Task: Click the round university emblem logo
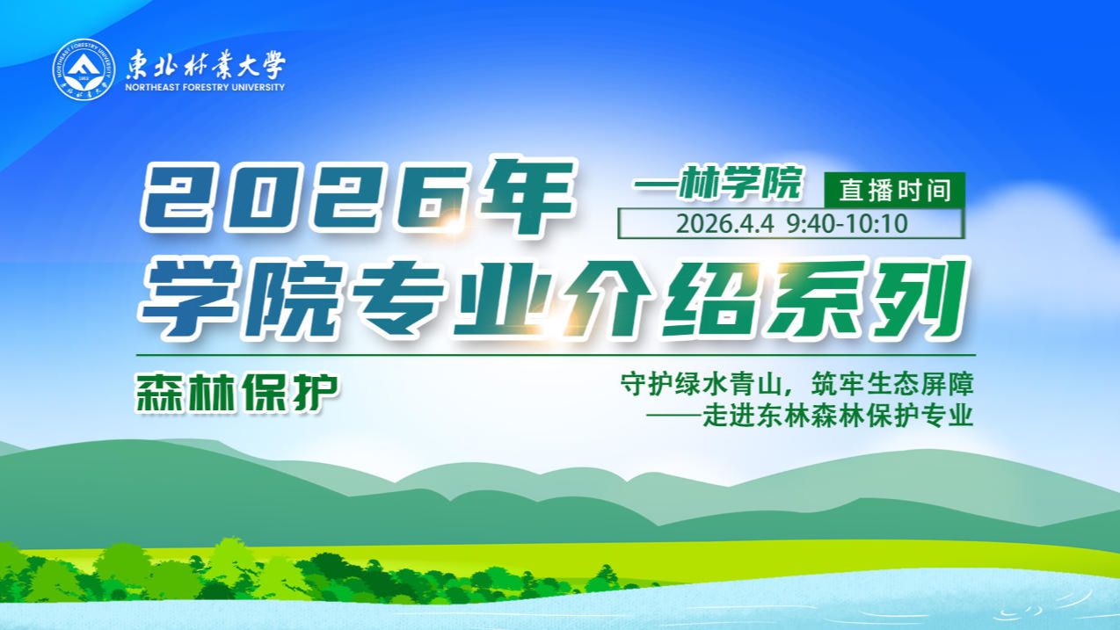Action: tap(84, 69)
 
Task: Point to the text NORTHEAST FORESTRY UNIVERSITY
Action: tap(206, 88)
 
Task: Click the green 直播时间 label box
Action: tap(894, 190)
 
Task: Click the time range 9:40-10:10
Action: tap(847, 223)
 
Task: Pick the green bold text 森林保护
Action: tap(237, 395)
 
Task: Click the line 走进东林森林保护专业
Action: tap(838, 415)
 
